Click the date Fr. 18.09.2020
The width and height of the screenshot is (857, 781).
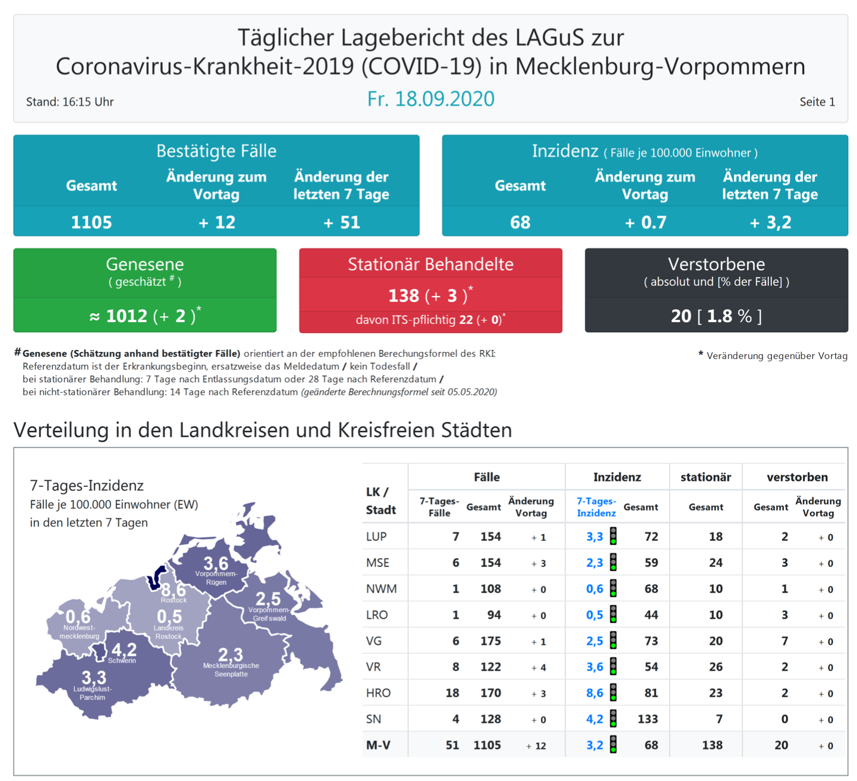430,99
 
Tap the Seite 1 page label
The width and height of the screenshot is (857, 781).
817,102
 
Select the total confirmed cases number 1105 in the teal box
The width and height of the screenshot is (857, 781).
91,222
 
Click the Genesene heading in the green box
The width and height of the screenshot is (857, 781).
144,264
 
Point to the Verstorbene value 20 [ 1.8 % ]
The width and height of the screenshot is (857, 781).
716,316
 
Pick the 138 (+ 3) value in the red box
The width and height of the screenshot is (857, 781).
430,295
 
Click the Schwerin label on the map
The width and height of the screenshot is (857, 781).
122,660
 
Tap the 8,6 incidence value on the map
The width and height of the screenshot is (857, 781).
173,590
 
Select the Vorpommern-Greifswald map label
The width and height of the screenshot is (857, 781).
269,614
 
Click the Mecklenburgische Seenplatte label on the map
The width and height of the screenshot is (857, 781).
231,670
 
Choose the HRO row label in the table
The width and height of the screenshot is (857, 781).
378,693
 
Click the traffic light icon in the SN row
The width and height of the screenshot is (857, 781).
613,719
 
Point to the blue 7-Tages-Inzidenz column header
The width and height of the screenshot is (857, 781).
596,507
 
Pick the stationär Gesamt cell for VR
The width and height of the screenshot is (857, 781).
715,667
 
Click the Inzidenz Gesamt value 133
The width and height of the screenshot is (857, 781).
647,719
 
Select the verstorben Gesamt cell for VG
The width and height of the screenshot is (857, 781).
784,641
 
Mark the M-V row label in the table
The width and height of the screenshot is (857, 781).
378,745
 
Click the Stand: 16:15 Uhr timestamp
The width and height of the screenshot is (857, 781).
70,102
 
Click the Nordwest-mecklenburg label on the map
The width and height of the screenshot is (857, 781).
79,632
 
